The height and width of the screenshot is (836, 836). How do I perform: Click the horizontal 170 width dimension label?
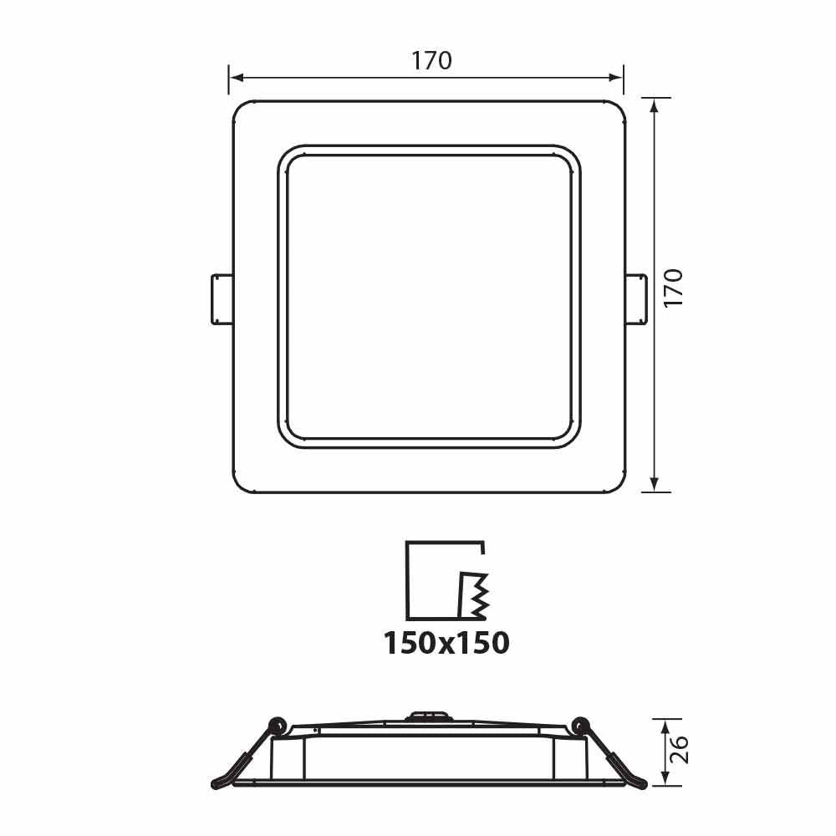tap(431, 61)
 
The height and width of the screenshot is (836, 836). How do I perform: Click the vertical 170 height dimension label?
tap(674, 288)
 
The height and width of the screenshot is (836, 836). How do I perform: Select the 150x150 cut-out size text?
tap(446, 643)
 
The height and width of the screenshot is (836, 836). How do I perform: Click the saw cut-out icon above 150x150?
tap(446, 580)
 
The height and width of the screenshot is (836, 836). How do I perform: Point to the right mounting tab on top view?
tap(636, 298)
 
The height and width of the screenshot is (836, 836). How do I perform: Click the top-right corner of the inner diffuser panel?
tap(573, 155)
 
